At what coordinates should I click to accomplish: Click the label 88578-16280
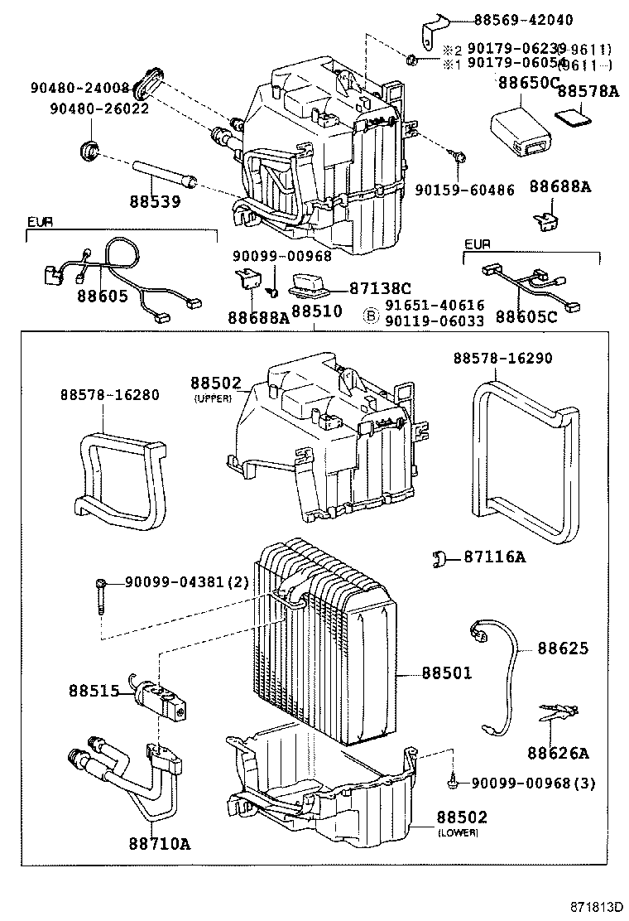point(109,395)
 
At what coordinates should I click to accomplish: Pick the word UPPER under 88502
point(213,398)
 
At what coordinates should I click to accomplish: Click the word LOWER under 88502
point(458,832)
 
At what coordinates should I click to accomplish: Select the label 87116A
point(493,557)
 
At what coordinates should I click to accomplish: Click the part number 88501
point(447,673)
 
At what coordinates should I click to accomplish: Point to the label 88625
point(563,649)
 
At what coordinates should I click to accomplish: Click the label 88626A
point(558,753)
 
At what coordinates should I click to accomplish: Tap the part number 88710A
point(160,843)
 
